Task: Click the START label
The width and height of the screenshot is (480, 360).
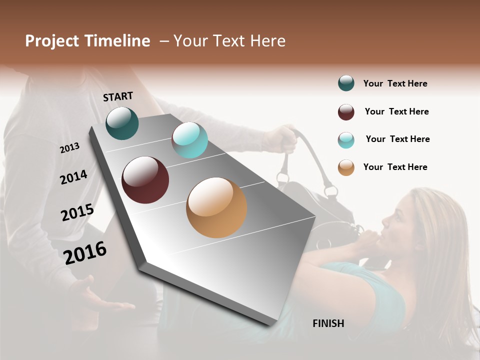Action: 118,96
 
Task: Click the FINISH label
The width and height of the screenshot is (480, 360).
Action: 328,323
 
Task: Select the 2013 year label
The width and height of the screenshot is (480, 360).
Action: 69,148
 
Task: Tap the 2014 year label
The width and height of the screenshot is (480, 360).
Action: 73,177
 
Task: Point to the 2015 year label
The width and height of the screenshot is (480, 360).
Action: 77,212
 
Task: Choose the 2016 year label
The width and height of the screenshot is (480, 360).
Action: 85,252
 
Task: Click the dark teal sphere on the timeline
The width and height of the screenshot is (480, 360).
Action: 122,123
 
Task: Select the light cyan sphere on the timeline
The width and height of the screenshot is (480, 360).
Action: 189,140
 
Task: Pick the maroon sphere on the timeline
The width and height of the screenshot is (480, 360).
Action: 145,180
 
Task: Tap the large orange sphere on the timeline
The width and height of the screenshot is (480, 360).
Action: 216,207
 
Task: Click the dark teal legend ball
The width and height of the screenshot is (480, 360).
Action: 346,83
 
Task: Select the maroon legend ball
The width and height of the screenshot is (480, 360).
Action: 346,112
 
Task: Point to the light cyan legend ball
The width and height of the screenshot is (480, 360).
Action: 346,140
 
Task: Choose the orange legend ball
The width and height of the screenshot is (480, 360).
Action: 346,167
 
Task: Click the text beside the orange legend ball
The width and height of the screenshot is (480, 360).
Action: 395,167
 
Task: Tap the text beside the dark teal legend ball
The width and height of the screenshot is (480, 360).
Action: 395,83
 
